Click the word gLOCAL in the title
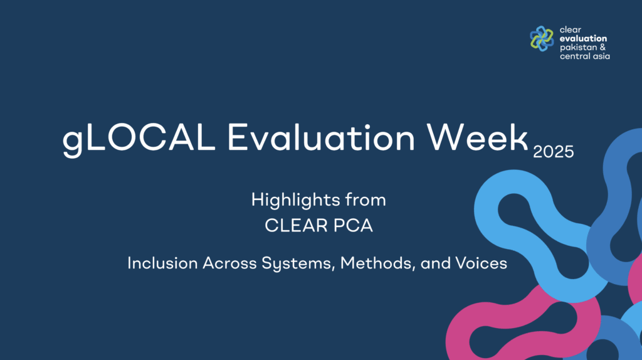[x=139, y=138]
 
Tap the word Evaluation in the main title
[x=322, y=137]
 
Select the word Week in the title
[x=477, y=137]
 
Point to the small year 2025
[x=554, y=152]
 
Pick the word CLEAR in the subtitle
[x=297, y=226]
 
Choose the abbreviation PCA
[x=353, y=226]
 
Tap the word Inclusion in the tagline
[x=162, y=263]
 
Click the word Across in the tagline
[x=229, y=263]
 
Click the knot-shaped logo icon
[x=542, y=39]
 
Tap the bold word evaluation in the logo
[x=583, y=38]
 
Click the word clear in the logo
[x=571, y=29]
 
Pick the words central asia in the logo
[x=585, y=56]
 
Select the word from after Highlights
[x=366, y=199]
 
